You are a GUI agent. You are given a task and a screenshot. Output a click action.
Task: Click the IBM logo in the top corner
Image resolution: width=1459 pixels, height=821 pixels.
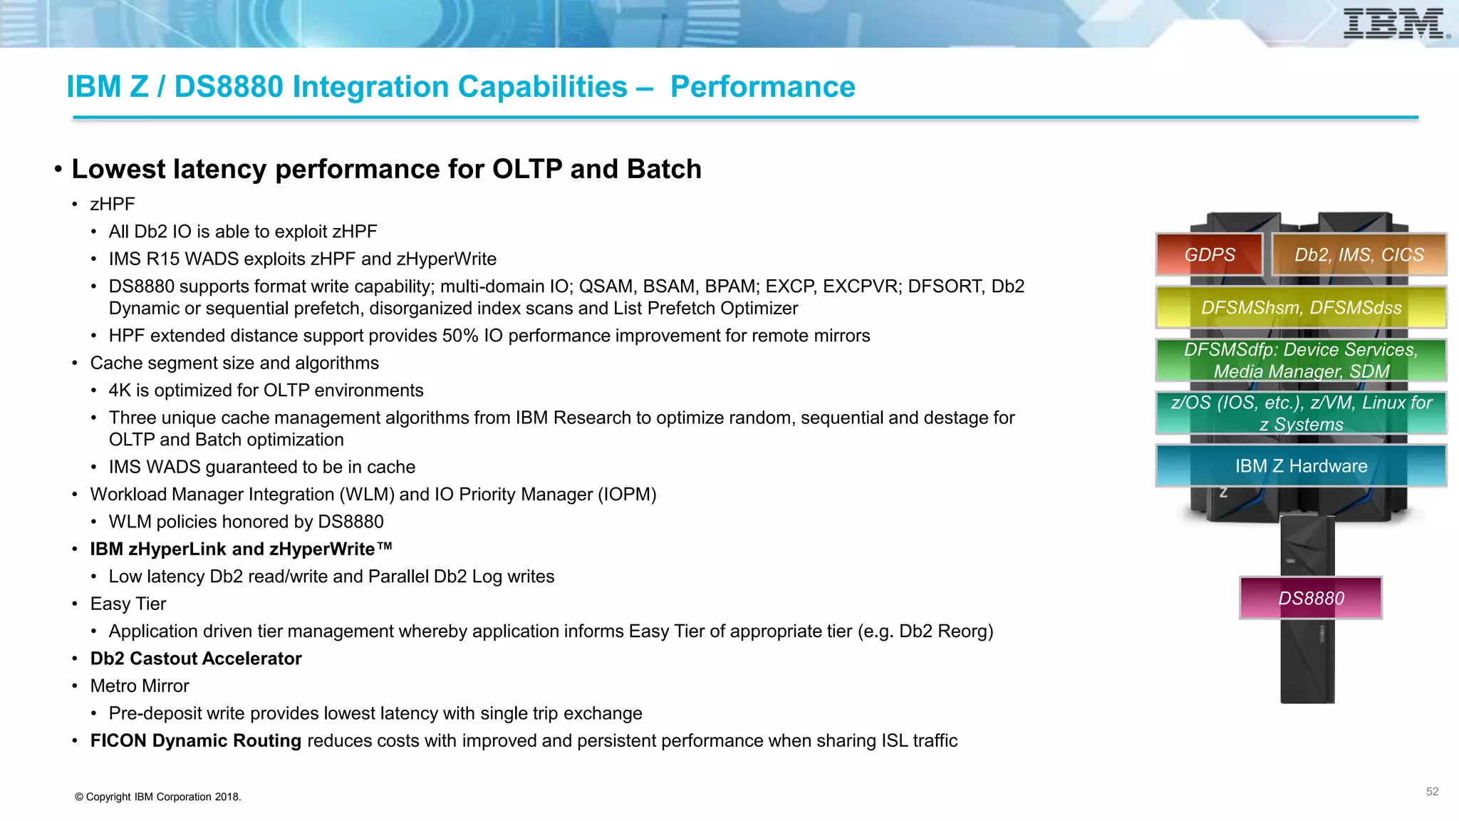click(1395, 24)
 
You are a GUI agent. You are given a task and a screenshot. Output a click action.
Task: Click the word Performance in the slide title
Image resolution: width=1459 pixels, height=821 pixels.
click(762, 87)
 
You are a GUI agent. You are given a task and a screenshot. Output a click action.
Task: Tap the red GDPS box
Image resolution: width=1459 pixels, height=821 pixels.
click(1209, 254)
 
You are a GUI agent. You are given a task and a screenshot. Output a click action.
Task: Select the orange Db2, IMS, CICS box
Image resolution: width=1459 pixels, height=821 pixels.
click(1359, 254)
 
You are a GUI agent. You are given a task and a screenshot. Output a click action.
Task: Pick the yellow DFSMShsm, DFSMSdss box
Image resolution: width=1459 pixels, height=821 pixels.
click(1301, 307)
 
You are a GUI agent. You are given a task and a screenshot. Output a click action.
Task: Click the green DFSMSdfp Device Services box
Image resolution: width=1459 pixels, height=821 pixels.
click(1301, 360)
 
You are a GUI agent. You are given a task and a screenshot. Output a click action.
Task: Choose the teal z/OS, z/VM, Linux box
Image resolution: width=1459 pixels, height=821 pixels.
click(1301, 413)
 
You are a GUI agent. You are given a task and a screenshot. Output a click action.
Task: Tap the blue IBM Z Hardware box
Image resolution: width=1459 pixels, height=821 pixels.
click(1301, 465)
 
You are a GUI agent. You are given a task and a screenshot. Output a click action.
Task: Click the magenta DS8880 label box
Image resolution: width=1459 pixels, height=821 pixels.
click(1311, 598)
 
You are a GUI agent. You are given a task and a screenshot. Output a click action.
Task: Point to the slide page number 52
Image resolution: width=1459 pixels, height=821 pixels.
click(1432, 791)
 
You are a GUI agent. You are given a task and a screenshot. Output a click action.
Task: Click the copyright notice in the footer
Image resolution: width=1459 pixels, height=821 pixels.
click(158, 797)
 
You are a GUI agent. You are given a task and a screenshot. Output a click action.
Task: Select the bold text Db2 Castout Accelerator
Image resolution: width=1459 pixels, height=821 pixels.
click(196, 659)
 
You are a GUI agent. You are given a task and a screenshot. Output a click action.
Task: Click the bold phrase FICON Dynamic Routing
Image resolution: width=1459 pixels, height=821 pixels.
click(196, 740)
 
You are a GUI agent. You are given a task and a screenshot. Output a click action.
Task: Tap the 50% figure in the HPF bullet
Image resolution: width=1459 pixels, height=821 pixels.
click(460, 336)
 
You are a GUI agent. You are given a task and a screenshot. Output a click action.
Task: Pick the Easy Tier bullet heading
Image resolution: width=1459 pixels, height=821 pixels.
click(128, 604)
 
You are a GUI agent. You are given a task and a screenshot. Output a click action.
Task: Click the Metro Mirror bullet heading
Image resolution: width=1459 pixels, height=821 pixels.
click(140, 686)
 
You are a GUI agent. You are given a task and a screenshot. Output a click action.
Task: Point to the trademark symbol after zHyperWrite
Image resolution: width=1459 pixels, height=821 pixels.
click(385, 547)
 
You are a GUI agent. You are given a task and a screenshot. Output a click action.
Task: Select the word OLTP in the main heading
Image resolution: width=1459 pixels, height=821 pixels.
click(527, 169)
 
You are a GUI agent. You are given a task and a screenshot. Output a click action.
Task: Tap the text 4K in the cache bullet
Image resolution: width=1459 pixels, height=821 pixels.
click(120, 391)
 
